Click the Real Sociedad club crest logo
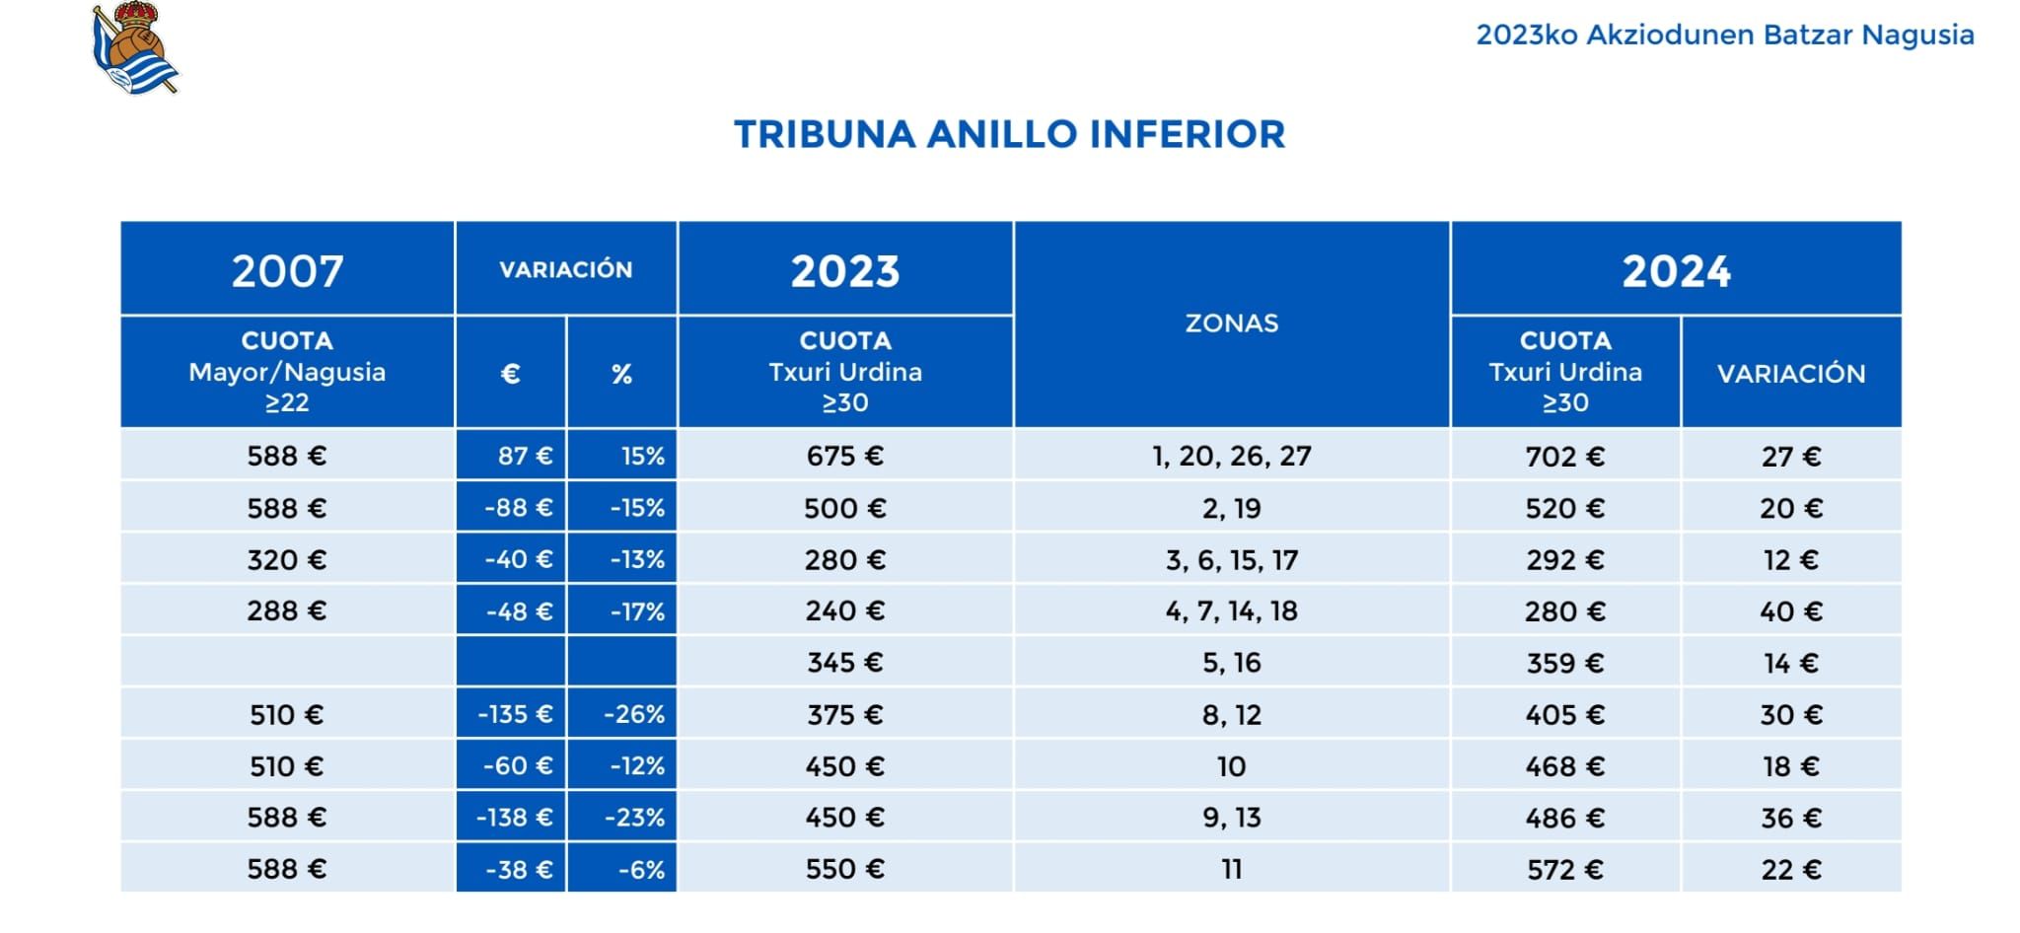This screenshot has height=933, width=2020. pyautogui.click(x=135, y=49)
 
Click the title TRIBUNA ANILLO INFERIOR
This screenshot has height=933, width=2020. pyautogui.click(x=1009, y=134)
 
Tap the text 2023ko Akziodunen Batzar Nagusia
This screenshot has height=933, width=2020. pyautogui.click(x=1724, y=36)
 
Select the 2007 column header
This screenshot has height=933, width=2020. pyautogui.click(x=287, y=270)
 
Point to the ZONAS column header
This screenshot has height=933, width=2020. pyautogui.click(x=1231, y=323)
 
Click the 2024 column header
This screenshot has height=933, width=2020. pyautogui.click(x=1676, y=270)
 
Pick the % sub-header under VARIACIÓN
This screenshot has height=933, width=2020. pyautogui.click(x=621, y=374)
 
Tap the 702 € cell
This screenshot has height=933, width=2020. pyautogui.click(x=1564, y=457)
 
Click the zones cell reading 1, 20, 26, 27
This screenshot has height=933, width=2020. pyautogui.click(x=1231, y=457)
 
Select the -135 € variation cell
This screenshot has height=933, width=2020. pyautogui.click(x=515, y=714)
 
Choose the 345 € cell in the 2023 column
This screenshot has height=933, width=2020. pyautogui.click(x=844, y=663)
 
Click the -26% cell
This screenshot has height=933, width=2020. pyautogui.click(x=633, y=714)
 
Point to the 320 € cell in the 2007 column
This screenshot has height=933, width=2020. pyautogui.click(x=286, y=560)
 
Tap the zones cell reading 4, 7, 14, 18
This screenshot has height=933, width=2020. pyautogui.click(x=1231, y=611)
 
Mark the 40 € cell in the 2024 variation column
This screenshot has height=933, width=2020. pyautogui.click(x=1790, y=611)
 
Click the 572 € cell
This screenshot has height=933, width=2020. pyautogui.click(x=1564, y=869)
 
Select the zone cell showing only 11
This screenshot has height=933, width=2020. pyautogui.click(x=1231, y=869)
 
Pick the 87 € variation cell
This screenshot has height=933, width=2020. pyautogui.click(x=524, y=457)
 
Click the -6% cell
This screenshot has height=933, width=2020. pyautogui.click(x=641, y=869)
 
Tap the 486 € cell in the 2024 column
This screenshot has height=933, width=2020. pyautogui.click(x=1564, y=818)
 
